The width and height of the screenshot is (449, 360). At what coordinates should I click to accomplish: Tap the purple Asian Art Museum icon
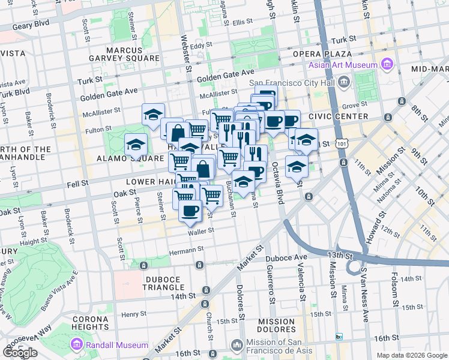point(385,64)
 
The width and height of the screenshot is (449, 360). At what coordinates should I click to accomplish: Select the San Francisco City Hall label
point(293,82)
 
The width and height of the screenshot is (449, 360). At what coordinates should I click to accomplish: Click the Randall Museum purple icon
point(77,344)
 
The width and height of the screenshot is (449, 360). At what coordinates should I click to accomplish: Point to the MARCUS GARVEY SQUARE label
point(133,54)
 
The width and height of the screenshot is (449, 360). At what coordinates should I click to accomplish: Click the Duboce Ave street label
point(286,258)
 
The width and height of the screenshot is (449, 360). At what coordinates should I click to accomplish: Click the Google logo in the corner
point(20,353)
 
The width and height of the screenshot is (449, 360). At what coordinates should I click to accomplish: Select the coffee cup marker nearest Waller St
point(190,211)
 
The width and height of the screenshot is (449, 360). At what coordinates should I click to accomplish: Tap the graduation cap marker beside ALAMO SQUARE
point(136,145)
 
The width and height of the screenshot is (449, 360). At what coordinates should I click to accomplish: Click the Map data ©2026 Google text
point(412,355)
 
